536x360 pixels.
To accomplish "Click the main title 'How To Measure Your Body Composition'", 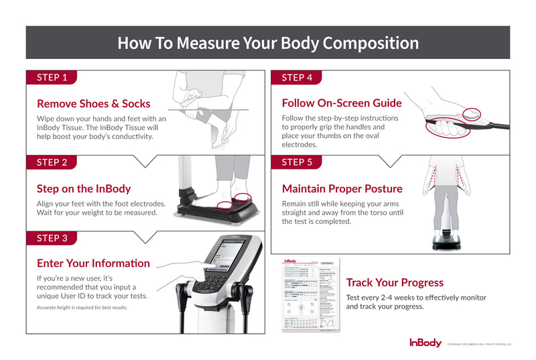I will pyautogui.click(x=268, y=43).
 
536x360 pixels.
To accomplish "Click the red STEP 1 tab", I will pyautogui.click(x=52, y=77).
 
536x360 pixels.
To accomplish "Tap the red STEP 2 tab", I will pyautogui.click(x=52, y=162).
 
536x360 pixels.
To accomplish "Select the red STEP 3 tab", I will pyautogui.click(x=52, y=237).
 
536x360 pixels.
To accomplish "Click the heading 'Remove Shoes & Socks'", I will pyautogui.click(x=93, y=104).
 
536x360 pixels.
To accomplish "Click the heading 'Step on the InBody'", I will pyautogui.click(x=84, y=188).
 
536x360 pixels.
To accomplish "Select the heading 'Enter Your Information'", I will pyautogui.click(x=93, y=263).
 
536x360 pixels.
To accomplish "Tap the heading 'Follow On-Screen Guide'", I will pyautogui.click(x=342, y=103).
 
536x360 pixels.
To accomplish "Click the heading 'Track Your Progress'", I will pyautogui.click(x=395, y=282).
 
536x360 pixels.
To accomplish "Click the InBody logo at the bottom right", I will pyautogui.click(x=425, y=343).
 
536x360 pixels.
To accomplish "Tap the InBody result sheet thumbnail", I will pyautogui.click(x=310, y=294).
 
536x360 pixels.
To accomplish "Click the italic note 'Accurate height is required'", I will pyautogui.click(x=82, y=308).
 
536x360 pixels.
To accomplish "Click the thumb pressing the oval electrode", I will pyautogui.click(x=473, y=115).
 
